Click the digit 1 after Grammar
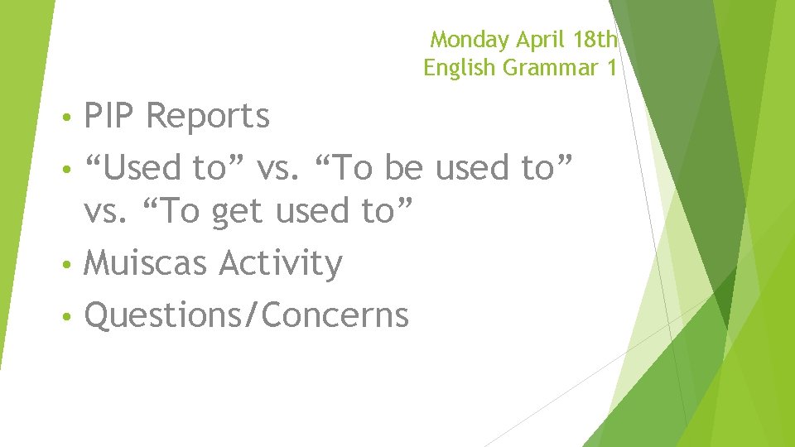pyautogui.click(x=610, y=68)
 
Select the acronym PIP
pyautogui.click(x=111, y=117)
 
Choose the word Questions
pyautogui.click(x=165, y=315)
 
